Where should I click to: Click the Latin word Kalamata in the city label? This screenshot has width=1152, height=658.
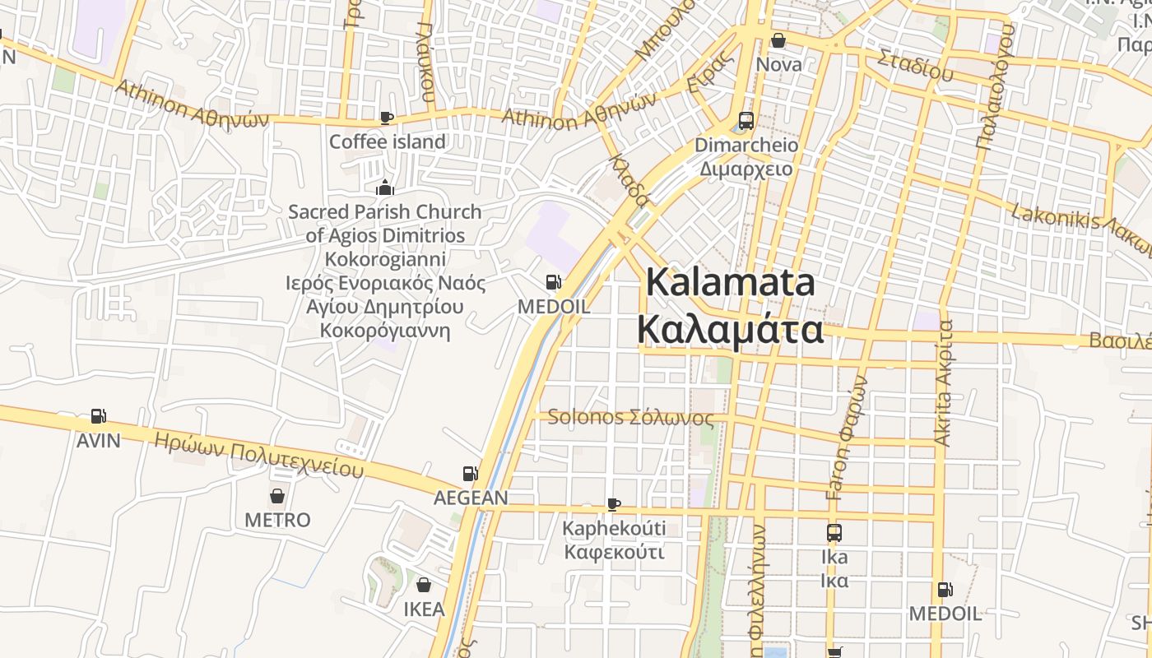click(x=731, y=282)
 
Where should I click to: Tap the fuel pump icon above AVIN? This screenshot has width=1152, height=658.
click(x=99, y=416)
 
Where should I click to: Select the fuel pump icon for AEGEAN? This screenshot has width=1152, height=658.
click(x=471, y=473)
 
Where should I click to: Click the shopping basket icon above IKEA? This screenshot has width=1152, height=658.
click(x=423, y=585)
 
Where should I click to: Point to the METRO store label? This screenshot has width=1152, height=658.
click(x=277, y=520)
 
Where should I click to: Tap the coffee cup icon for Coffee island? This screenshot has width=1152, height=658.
click(x=386, y=118)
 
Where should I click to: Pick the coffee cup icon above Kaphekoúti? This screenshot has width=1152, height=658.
click(x=613, y=503)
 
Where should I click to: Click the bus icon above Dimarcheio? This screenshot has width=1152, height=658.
click(x=746, y=121)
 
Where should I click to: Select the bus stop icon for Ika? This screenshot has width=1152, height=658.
click(x=834, y=533)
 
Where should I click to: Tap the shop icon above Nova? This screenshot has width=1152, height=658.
click(x=778, y=40)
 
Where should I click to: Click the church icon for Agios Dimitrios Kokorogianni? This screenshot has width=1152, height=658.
click(x=384, y=188)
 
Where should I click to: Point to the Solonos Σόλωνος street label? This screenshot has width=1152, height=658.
click(x=630, y=417)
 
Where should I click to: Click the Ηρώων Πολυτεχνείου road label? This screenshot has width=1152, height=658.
click(x=258, y=454)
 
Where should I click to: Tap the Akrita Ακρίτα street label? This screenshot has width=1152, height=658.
click(x=944, y=383)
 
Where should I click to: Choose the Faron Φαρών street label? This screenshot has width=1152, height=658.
click(x=848, y=438)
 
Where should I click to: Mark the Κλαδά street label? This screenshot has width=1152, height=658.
click(x=629, y=178)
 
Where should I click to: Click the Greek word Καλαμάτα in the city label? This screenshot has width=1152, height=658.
click(x=731, y=330)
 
